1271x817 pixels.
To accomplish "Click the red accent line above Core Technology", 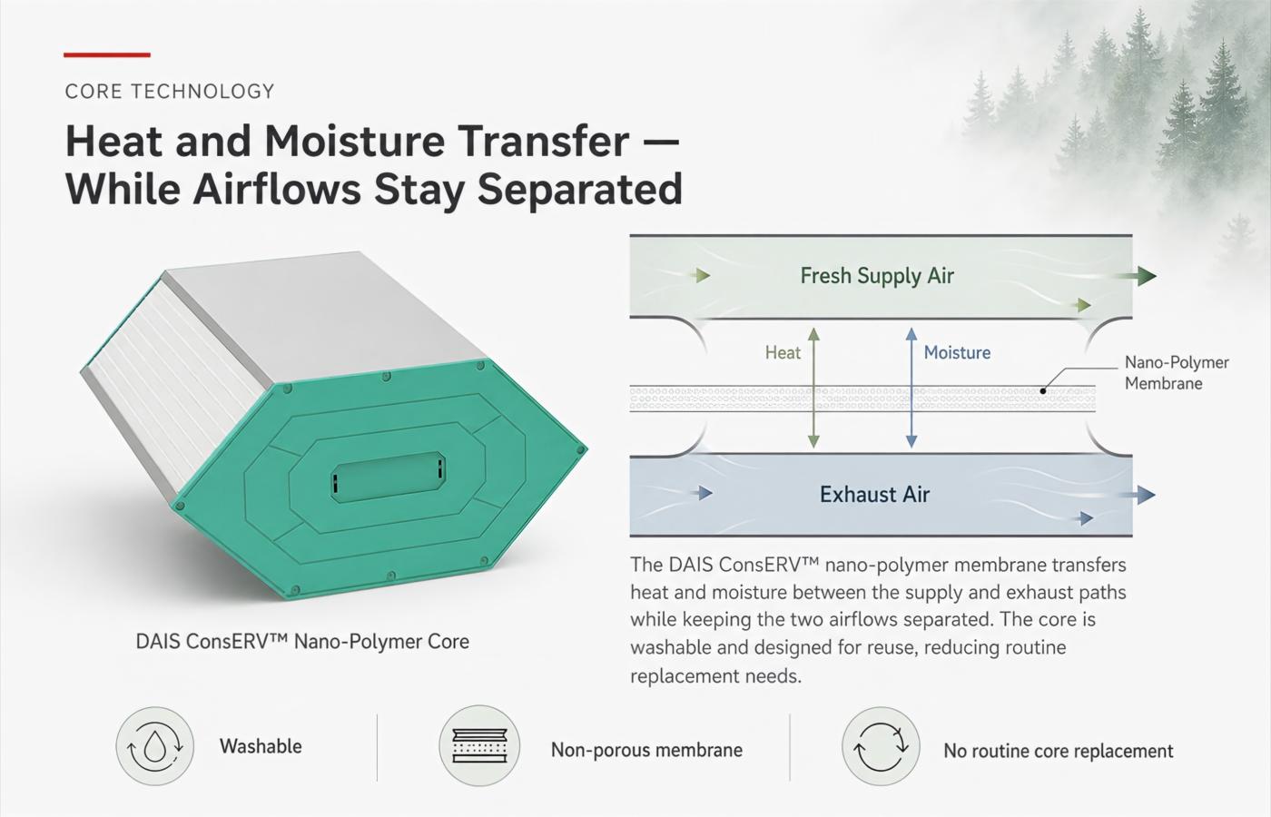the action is click(107, 55).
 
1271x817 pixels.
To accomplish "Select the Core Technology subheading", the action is click(170, 92).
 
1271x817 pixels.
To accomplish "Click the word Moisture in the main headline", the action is click(355, 141).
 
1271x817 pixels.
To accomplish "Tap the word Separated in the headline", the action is click(579, 190).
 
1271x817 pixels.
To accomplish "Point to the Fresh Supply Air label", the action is click(877, 276).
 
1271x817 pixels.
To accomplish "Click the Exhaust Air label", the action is click(874, 494).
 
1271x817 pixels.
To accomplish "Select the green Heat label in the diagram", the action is click(783, 353).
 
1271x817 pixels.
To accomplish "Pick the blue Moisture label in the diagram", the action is click(957, 352).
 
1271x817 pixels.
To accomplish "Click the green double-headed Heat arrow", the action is click(813, 388).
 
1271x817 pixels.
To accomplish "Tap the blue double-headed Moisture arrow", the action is click(911, 388).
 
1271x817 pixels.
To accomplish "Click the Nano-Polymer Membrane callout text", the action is click(1177, 373).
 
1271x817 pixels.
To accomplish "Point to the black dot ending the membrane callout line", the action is click(1043, 391).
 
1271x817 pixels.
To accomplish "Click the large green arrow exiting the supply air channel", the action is click(1134, 276).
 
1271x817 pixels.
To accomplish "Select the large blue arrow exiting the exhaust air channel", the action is click(1134, 495).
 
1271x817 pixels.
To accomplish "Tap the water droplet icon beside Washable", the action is click(155, 746).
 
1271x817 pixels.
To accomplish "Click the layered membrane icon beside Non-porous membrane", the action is click(479, 745).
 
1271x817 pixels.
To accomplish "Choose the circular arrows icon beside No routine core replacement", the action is click(881, 746).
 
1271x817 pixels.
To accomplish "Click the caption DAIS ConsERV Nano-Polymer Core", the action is click(302, 642).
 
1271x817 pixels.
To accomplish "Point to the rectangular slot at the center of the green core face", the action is click(389, 477).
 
